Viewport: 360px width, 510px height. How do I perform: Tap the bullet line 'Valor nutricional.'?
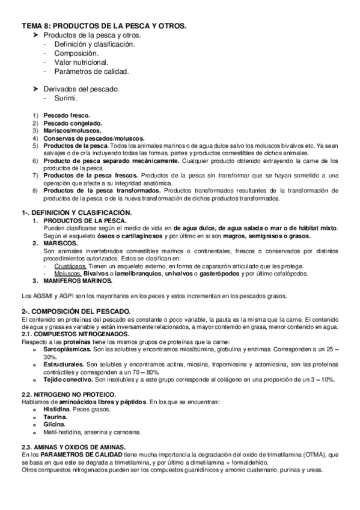(x=81, y=62)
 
